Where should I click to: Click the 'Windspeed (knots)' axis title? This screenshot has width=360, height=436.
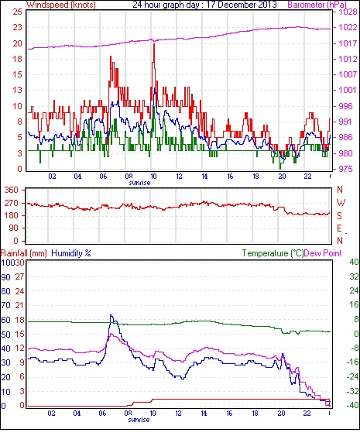60,5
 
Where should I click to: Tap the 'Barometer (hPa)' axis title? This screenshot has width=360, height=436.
317,5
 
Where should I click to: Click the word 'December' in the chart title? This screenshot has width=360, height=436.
231,5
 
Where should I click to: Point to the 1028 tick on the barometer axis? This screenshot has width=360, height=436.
348,12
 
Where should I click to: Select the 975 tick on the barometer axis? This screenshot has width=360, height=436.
346,169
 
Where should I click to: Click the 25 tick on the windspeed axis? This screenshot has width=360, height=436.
17,12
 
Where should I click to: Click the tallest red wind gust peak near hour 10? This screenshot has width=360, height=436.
154,44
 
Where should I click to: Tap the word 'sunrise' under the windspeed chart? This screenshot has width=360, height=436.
139,183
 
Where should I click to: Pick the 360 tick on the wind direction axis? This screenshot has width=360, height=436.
12,191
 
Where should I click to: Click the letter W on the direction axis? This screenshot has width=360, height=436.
341,202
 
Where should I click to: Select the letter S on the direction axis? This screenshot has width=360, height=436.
339,215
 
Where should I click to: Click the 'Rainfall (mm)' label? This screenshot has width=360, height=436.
24,253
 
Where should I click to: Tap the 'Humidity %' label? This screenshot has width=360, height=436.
71,253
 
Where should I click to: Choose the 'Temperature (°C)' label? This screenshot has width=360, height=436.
273,253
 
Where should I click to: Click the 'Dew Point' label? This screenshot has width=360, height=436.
323,253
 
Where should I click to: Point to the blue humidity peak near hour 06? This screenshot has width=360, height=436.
111,315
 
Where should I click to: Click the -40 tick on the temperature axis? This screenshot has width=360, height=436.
352,405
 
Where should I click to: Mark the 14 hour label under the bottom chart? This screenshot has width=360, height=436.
204,413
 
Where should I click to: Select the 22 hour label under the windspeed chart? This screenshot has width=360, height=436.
307,177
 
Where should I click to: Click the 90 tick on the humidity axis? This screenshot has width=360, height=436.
5,277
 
